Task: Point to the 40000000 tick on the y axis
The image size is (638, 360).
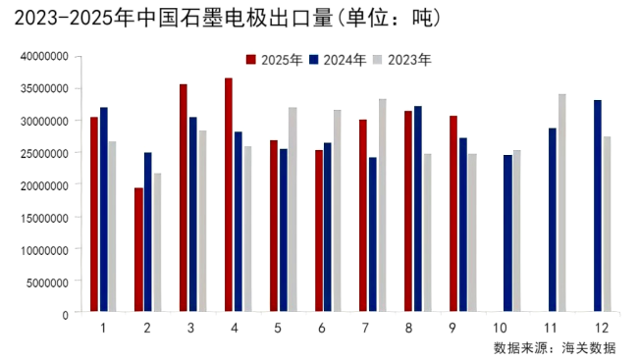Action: click(x=43, y=56)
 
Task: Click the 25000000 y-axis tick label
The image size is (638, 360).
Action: click(x=43, y=153)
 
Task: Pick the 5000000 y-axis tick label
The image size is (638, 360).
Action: click(x=46, y=282)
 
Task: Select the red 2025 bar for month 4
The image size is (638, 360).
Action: click(x=229, y=196)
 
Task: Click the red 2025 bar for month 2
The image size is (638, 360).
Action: click(x=138, y=250)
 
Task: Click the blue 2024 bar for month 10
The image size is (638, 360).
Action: click(x=507, y=234)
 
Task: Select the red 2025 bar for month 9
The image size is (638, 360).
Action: click(x=453, y=215)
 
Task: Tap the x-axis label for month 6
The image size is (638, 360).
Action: click(x=321, y=327)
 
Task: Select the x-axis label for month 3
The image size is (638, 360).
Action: click(x=190, y=327)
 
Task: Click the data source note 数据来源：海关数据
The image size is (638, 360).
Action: click(x=555, y=347)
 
